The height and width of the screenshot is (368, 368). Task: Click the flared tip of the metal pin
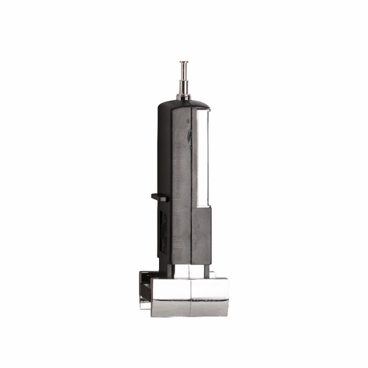pyautogui.click(x=183, y=63)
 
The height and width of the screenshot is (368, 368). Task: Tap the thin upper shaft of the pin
pyautogui.click(x=183, y=74)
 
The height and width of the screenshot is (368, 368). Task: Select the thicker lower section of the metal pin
pyautogui.click(x=183, y=87)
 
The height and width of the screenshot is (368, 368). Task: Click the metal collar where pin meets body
pyautogui.click(x=183, y=96)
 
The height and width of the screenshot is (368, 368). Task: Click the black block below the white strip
pyautogui.click(x=202, y=234)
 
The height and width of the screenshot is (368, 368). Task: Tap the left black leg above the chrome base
pyautogui.click(x=168, y=269)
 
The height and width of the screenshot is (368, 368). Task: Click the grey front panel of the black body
pyautogui.click(x=181, y=184)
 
